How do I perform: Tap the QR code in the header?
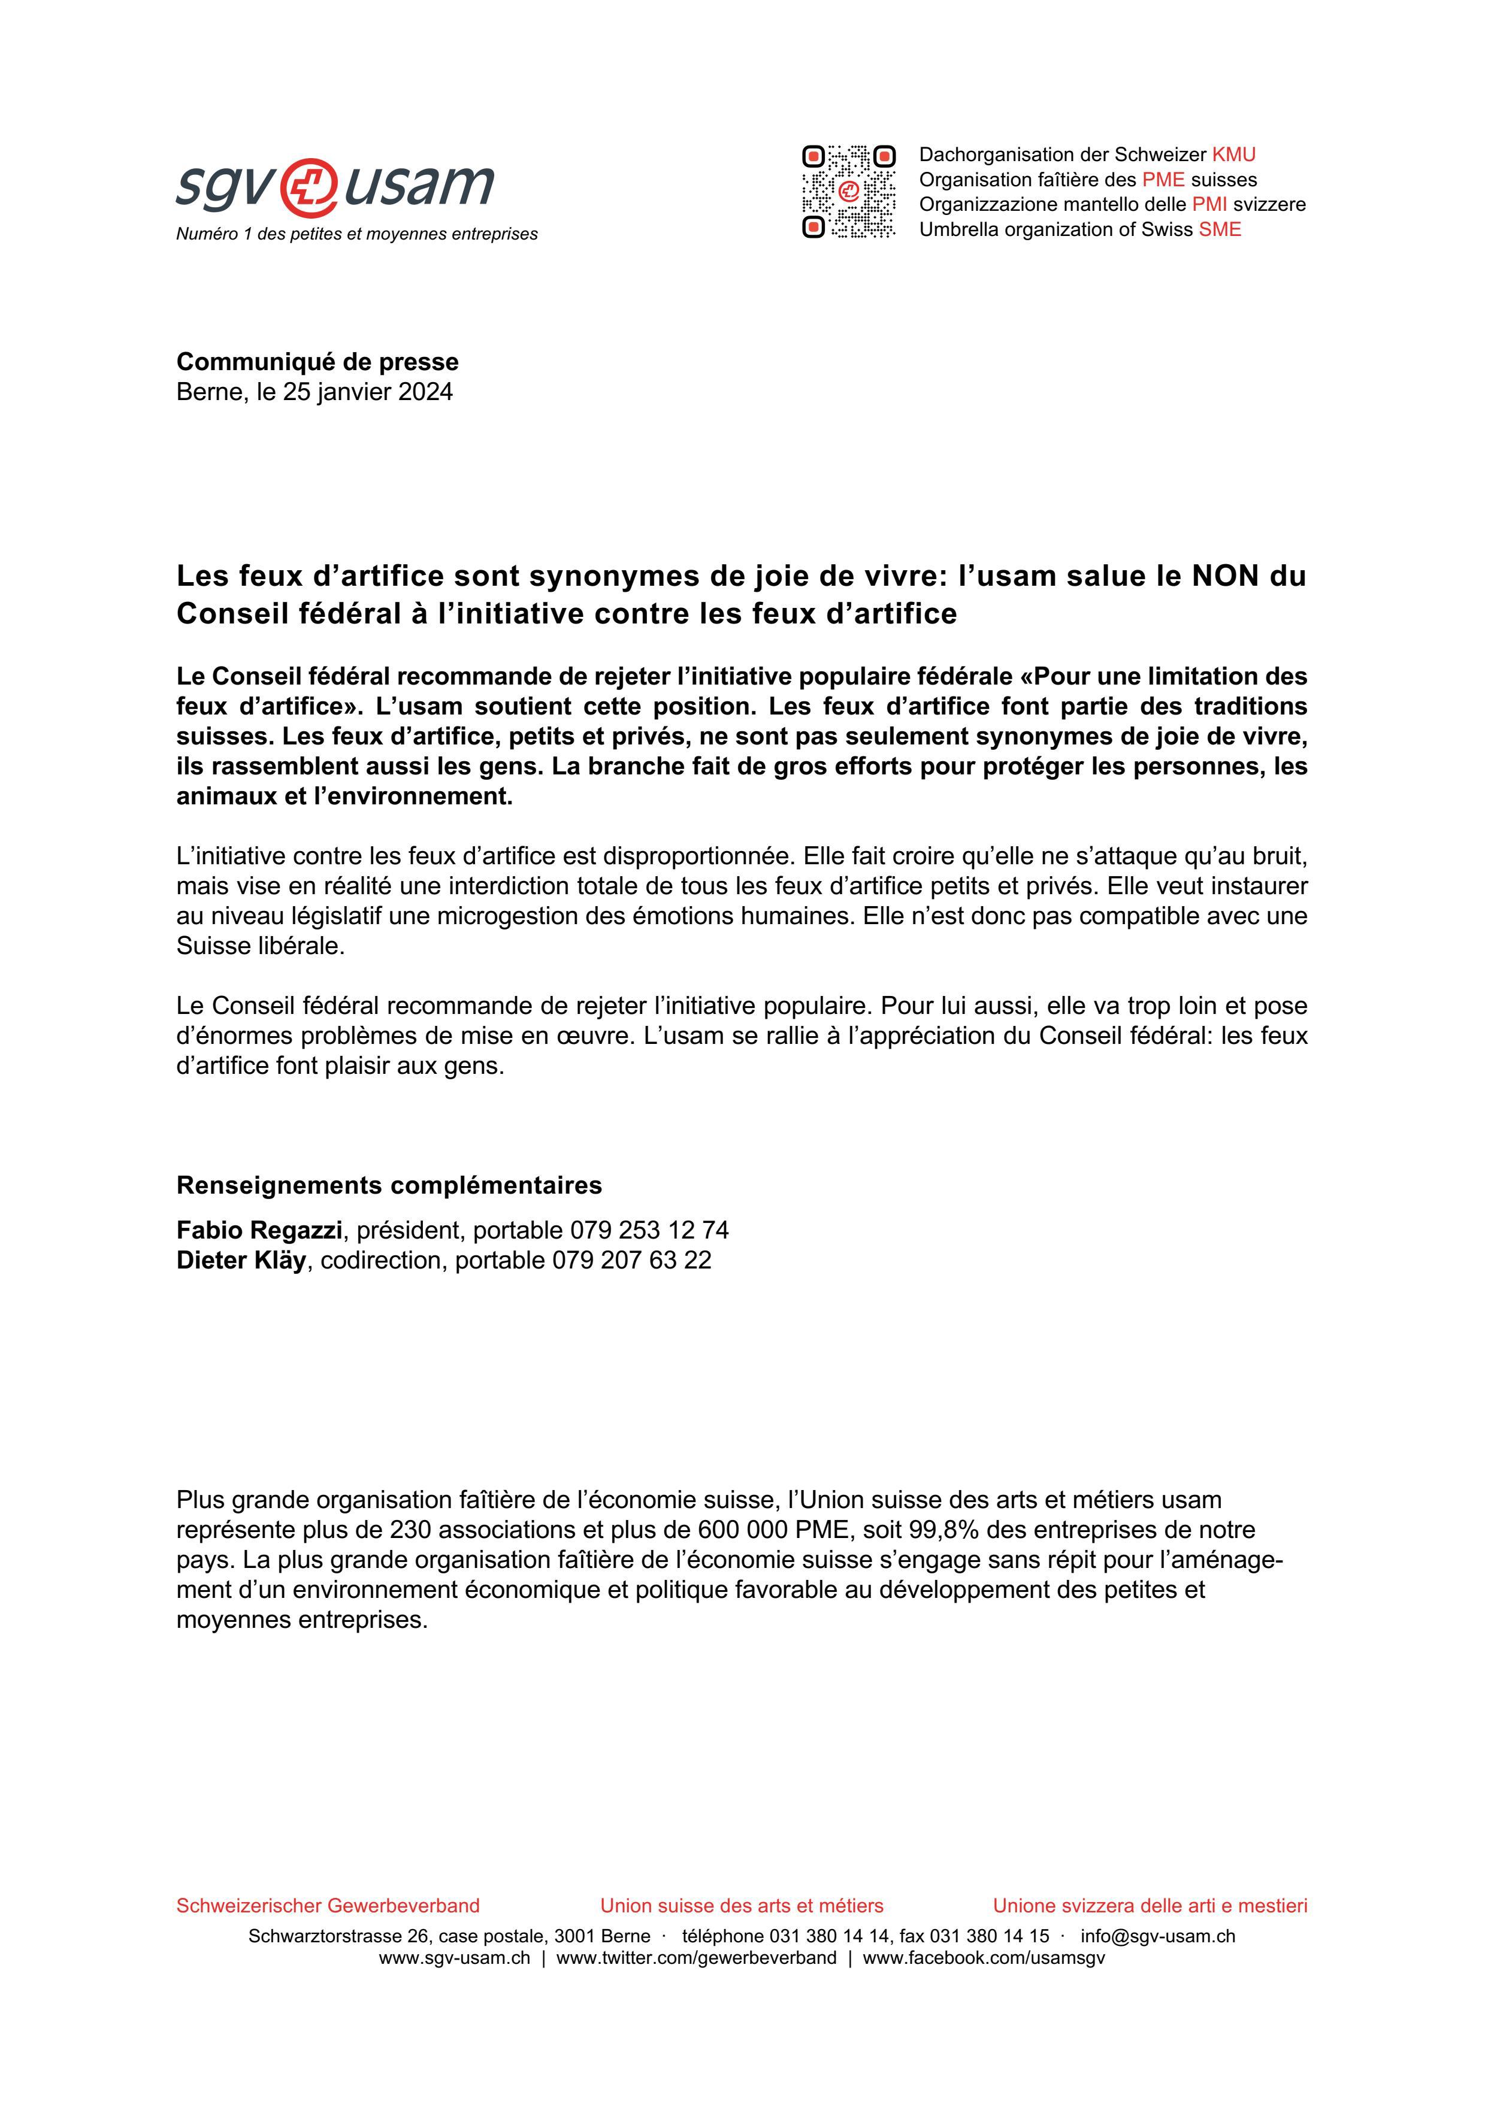848,191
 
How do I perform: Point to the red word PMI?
1209,205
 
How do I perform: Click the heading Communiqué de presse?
317,362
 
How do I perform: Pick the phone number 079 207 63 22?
631,1260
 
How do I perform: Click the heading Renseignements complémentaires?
389,1185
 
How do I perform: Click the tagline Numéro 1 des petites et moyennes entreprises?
357,234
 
